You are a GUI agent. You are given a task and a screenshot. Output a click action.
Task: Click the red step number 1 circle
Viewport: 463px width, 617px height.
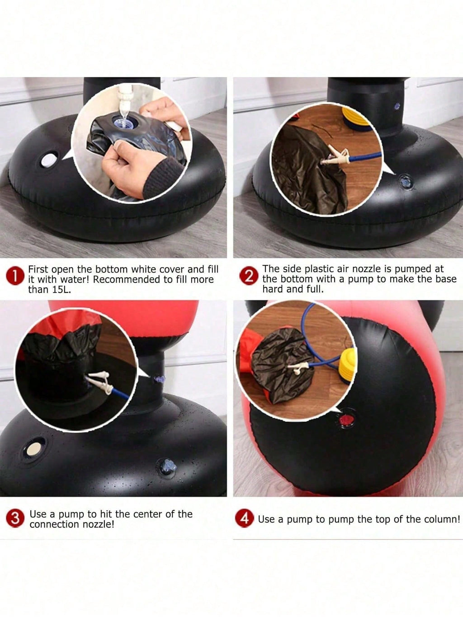tap(15, 276)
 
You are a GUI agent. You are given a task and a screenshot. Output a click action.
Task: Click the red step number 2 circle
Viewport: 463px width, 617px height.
tap(249, 276)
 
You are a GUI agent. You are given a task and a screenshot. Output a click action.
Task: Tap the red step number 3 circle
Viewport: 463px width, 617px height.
tap(15, 518)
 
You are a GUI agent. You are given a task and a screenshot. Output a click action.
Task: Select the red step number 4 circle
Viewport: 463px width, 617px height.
tap(245, 518)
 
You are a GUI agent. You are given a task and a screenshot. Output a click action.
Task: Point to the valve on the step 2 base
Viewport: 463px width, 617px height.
tap(406, 181)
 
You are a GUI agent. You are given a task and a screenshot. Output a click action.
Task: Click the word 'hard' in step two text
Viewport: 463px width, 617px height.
tap(272, 289)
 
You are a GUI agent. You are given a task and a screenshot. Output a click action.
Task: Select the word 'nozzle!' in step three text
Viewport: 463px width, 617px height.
tap(99, 524)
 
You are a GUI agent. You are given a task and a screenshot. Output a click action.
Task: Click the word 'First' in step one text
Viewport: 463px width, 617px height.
tap(38, 269)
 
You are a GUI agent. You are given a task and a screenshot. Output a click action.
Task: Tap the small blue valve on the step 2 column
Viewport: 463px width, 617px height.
tap(397, 106)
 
